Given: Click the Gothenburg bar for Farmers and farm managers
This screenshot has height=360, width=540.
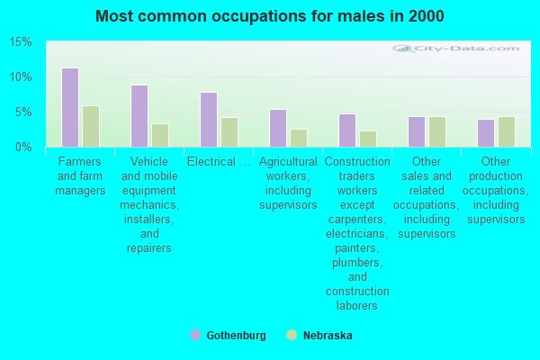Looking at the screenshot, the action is click(70, 107).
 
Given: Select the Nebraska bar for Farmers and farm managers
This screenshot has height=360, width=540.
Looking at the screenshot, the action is click(91, 126).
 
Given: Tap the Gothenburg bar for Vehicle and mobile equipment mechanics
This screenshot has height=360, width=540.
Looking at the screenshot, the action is click(139, 116).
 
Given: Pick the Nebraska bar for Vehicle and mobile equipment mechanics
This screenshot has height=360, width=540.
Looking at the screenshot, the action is click(160, 135).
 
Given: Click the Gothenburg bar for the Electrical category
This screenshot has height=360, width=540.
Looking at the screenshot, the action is click(209, 120).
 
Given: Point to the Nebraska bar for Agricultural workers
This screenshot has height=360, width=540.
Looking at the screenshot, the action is click(299, 138).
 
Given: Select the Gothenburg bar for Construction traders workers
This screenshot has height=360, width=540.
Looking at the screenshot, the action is click(347, 130).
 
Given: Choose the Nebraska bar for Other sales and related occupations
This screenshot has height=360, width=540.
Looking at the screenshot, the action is click(437, 132).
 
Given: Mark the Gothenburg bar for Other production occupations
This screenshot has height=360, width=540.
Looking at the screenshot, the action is click(486, 133).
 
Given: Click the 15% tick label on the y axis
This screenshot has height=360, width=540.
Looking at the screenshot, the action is click(21, 42).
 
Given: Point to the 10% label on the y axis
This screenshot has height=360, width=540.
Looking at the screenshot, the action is click(21, 77).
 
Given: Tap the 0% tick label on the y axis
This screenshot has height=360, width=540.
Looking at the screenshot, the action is click(23, 147).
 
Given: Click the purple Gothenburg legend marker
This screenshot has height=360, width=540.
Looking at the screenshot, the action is click(195, 335).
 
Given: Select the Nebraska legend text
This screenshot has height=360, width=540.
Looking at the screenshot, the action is click(328, 336).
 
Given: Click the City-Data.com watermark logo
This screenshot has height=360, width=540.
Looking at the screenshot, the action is click(456, 49).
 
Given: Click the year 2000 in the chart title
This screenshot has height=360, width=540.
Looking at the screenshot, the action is click(427, 16).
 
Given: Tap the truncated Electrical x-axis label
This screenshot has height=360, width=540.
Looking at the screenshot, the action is click(219, 162).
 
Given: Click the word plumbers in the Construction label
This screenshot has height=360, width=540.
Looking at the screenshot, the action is click(357, 263).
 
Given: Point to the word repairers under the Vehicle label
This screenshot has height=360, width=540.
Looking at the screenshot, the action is click(149, 248).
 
